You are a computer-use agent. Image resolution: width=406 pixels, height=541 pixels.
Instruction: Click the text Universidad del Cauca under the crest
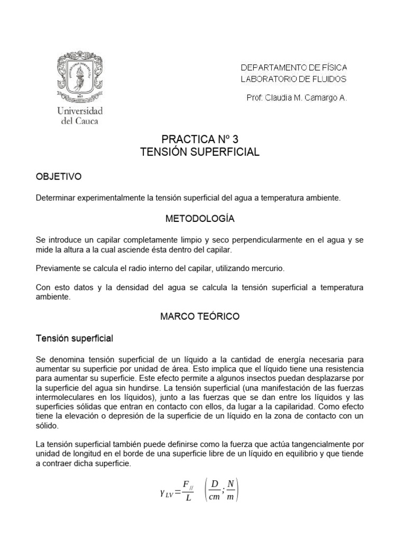[x=79, y=116]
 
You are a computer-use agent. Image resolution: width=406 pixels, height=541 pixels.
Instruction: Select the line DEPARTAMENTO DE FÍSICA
[x=294, y=68]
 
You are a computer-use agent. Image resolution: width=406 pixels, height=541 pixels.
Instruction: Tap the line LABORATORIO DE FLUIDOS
[x=293, y=79]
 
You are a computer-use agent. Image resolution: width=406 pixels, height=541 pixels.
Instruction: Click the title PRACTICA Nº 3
[x=200, y=140]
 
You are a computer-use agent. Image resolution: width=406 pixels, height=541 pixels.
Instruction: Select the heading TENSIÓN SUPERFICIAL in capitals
[x=200, y=152]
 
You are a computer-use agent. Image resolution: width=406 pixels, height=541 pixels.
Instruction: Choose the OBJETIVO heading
[x=59, y=176]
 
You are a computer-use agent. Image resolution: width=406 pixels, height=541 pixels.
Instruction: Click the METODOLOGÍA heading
[x=200, y=218]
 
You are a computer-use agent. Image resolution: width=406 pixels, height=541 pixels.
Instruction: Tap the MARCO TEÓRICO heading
[x=200, y=316]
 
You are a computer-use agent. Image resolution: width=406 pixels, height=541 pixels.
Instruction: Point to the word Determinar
[x=56, y=198]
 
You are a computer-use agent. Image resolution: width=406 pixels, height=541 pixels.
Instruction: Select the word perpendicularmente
[x=281, y=240]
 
